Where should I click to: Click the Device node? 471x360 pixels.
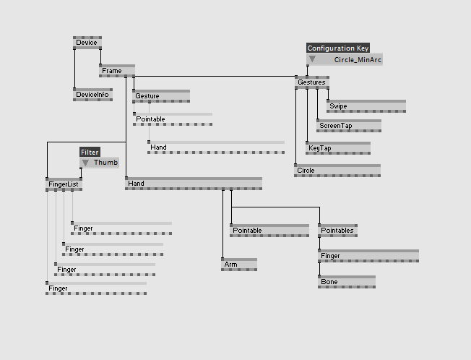87,43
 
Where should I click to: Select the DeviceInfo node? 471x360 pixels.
92,94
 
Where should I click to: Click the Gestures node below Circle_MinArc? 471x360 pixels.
311,82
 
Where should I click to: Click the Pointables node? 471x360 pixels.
337,231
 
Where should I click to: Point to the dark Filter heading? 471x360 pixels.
90,153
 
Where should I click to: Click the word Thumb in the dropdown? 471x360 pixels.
105,163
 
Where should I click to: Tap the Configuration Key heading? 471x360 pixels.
338,48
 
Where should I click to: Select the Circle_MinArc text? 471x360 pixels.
357,60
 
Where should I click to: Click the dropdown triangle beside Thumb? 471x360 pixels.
85,163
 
